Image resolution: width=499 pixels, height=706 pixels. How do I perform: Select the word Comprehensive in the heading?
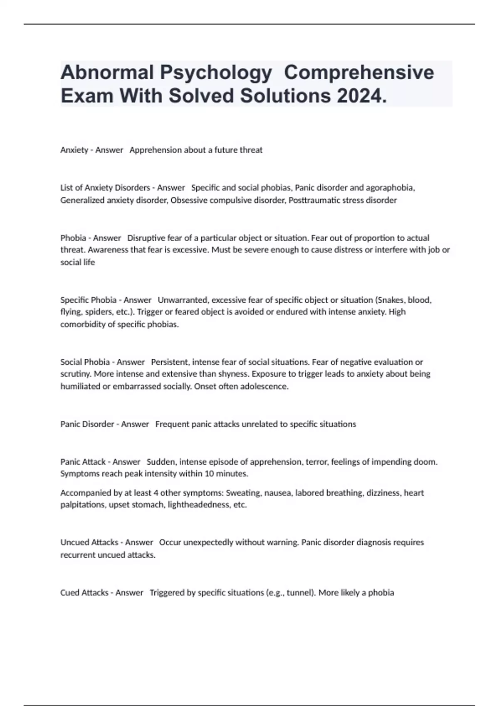pos(359,72)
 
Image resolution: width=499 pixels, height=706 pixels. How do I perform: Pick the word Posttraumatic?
pos(314,200)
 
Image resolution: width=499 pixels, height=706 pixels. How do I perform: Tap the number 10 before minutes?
pos(221,473)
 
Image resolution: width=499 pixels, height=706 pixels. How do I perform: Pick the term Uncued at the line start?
pos(74,542)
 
